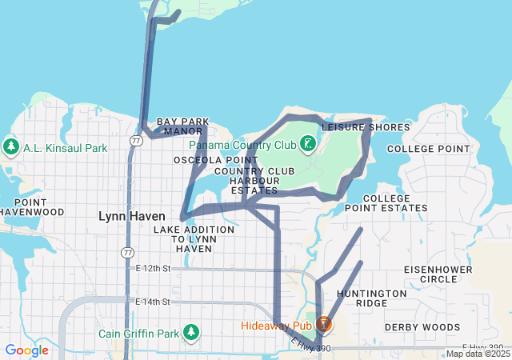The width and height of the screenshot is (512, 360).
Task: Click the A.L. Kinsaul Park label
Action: [x=65, y=148]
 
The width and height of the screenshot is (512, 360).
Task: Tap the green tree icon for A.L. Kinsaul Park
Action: [x=11, y=147]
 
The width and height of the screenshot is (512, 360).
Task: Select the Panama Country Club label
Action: [x=242, y=146]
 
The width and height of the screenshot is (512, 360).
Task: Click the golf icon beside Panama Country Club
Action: [x=307, y=145]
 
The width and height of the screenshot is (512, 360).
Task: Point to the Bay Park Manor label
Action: [x=179, y=126]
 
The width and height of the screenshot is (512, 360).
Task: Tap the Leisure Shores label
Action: [x=366, y=127]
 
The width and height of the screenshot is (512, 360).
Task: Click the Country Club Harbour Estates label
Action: [x=254, y=181]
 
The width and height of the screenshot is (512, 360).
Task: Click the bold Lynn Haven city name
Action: [x=131, y=216]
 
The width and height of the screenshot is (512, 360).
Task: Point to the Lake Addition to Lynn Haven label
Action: [x=193, y=239]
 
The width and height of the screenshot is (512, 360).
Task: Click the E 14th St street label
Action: [x=154, y=302]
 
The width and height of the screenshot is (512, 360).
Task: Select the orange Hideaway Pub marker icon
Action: [x=324, y=325]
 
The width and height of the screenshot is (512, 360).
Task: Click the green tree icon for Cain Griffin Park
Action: [x=190, y=332]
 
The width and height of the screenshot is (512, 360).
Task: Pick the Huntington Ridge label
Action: [x=371, y=298]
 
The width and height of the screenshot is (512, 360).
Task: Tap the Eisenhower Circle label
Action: [x=430, y=274]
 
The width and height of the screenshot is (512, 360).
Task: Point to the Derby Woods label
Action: [x=422, y=327]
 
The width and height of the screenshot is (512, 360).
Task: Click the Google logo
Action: [x=26, y=350]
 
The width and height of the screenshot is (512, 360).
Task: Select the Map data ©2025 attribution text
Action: [x=478, y=354]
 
